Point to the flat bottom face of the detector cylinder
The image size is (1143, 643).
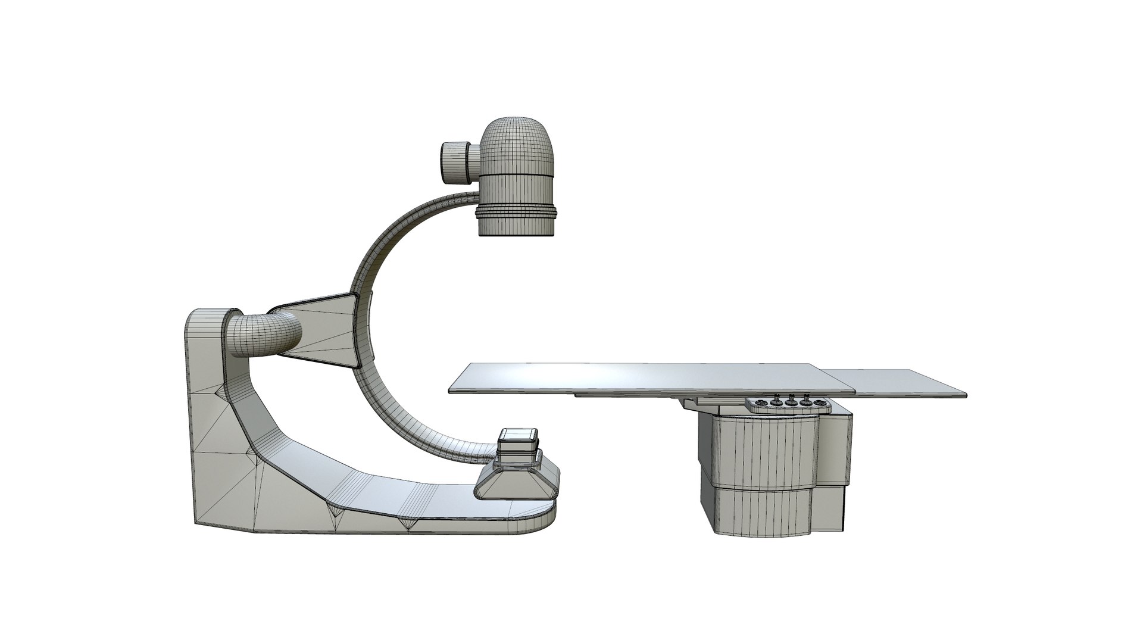tap(517, 236)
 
